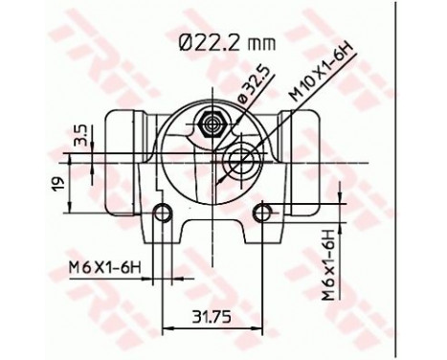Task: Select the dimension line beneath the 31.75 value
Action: (x=211, y=326)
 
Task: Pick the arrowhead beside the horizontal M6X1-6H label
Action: (x=150, y=278)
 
